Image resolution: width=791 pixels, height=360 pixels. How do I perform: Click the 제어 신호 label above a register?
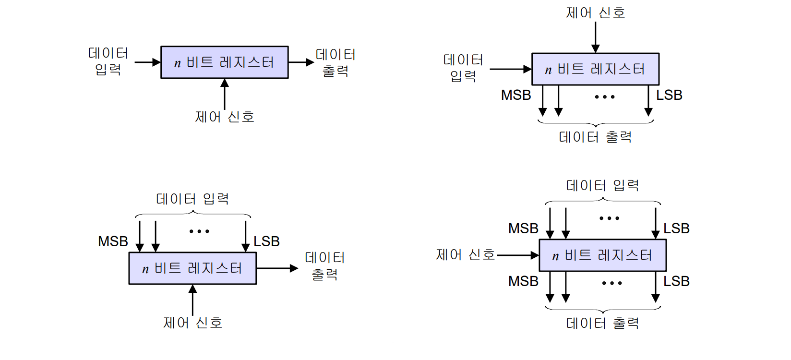click(595, 13)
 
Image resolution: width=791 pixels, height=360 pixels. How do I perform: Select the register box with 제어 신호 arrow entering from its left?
click(602, 255)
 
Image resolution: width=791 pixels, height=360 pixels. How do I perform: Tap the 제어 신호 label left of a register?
click(465, 255)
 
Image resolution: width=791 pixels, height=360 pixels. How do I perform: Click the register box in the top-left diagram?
click(224, 62)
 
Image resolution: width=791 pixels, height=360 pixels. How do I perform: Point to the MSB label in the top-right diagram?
click(516, 95)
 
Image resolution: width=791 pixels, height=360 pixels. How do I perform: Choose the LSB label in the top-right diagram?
click(669, 95)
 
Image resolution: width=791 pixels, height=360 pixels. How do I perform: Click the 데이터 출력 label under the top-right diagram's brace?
click(595, 137)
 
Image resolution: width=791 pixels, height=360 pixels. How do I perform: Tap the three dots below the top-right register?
click(604, 97)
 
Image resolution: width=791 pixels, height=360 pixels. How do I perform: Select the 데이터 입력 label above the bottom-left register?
click(192, 199)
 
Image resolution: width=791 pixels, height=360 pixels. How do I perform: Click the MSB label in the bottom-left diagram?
click(113, 241)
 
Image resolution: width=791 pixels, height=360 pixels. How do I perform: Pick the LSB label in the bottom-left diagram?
click(266, 241)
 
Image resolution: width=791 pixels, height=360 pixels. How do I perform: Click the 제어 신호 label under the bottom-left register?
click(192, 323)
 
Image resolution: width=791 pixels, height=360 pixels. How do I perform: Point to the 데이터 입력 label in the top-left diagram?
click(108, 61)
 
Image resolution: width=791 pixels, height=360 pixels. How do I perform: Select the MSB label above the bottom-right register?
click(523, 228)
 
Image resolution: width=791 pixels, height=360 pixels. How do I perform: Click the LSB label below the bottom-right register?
click(676, 281)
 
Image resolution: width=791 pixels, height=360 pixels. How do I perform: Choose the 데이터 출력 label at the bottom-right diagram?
click(602, 324)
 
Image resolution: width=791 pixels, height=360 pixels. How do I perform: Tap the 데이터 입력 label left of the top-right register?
click(463, 68)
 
